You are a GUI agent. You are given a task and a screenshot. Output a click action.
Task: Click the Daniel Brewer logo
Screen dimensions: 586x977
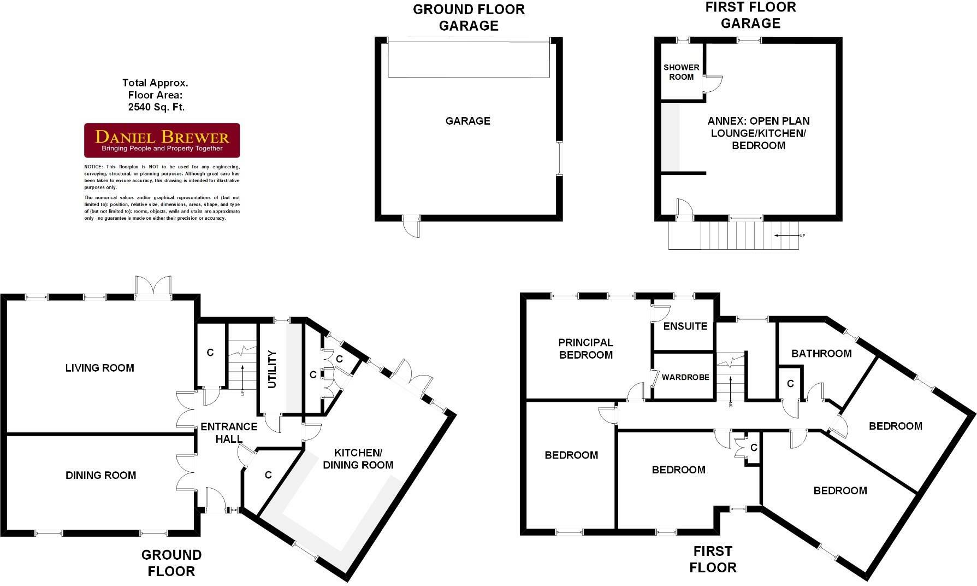click(162, 140)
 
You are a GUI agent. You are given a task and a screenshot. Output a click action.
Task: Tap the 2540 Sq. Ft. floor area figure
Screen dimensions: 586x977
click(156, 107)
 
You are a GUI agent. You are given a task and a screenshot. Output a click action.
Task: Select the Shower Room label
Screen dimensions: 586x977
click(681, 72)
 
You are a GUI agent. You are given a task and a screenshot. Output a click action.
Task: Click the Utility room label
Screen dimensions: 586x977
click(272, 370)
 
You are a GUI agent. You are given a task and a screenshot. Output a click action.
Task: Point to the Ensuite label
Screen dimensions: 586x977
click(685, 326)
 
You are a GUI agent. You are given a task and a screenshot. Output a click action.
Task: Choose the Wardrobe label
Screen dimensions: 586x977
click(685, 377)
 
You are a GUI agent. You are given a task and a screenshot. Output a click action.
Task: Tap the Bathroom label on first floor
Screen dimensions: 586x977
click(821, 354)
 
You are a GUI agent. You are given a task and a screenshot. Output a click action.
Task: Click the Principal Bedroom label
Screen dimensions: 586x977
click(585, 349)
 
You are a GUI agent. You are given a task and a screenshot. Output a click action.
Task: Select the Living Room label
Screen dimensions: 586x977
click(99, 368)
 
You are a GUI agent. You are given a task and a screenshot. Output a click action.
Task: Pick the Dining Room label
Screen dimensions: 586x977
click(100, 475)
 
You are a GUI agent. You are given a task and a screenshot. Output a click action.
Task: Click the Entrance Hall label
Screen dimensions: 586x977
click(229, 432)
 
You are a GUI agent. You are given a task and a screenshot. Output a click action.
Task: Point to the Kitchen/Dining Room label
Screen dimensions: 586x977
click(358, 459)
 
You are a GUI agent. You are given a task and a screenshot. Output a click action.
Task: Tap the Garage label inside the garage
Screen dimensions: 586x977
click(467, 121)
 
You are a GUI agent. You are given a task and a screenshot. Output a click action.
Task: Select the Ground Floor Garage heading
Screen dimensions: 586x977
click(469, 17)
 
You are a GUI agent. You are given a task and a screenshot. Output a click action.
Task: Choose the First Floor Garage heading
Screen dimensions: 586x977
click(750, 15)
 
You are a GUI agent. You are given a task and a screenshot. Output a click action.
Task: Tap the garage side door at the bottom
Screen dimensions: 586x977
click(412, 226)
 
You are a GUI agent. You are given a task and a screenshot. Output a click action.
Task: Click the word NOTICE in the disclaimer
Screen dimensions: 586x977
click(92, 167)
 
